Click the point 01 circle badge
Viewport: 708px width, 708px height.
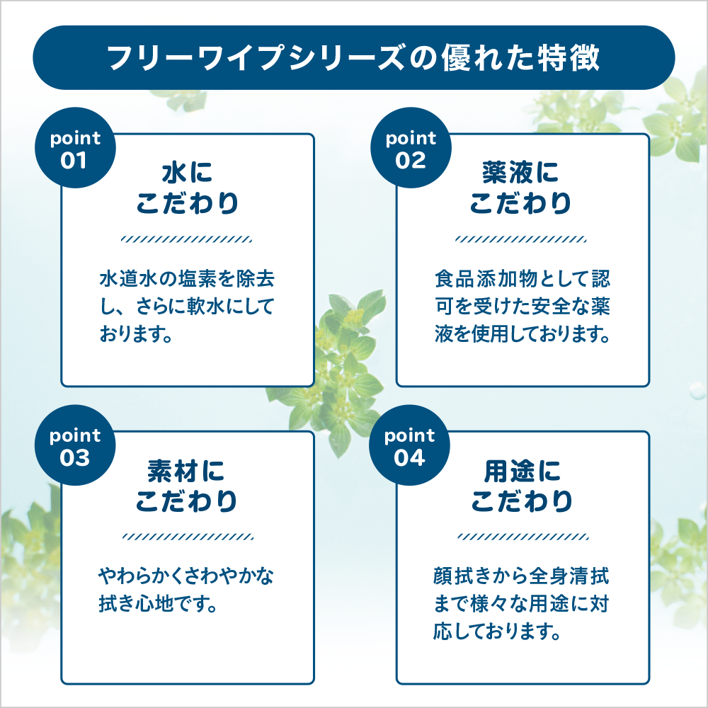[75, 149]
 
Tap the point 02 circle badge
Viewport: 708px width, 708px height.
[411, 149]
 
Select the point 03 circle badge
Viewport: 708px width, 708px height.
[75, 447]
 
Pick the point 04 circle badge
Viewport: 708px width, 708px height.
[411, 447]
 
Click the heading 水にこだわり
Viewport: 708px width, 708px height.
[187, 188]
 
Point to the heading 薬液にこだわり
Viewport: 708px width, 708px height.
[522, 188]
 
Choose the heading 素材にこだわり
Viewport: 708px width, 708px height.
[187, 486]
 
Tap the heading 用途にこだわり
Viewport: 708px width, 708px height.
[522, 486]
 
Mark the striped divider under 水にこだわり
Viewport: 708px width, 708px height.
[187, 239]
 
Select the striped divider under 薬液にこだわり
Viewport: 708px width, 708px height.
[522, 239]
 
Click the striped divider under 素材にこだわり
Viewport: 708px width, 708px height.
[187, 536]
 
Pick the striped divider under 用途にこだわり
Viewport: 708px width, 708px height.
[522, 536]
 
